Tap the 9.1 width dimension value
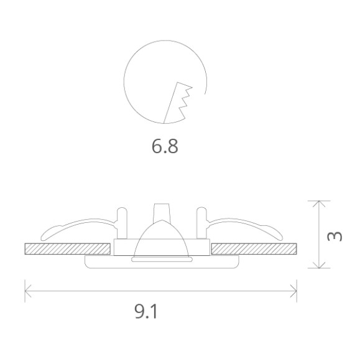pyautogui.click(x=147, y=311)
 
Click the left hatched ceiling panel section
pyautogui.click(x=68, y=249)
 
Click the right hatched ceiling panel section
pyautogui.click(x=253, y=249)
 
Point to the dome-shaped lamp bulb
pyautogui.click(x=162, y=241)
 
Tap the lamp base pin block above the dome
pyautogui.click(x=162, y=210)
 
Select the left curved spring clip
pyautogui.click(x=78, y=228)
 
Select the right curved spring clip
pyautogui.click(x=246, y=228)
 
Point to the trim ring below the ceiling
pyautogui.click(x=162, y=264)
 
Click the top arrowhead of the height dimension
pyautogui.click(x=318, y=204)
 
